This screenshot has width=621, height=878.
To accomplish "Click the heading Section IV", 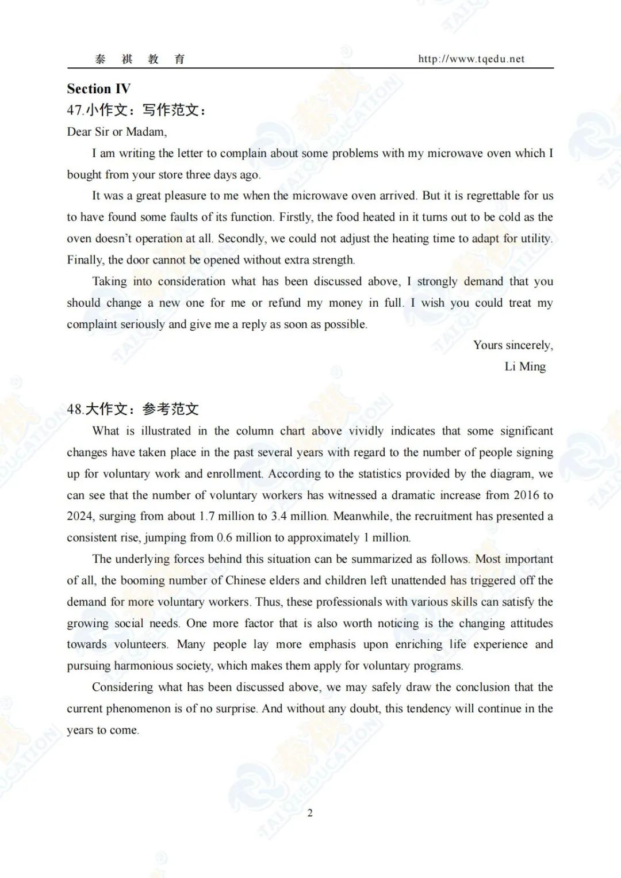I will click(98, 89).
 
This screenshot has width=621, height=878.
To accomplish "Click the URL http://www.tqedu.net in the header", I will click(471, 59).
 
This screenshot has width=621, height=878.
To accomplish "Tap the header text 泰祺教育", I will click(140, 59).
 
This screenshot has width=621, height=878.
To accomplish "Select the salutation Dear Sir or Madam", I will click(117, 132).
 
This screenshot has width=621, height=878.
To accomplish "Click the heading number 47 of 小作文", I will click(75, 110).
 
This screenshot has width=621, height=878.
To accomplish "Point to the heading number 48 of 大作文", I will click(75, 409).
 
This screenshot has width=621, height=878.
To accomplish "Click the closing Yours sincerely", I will click(513, 345).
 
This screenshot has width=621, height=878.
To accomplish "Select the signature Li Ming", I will click(525, 367).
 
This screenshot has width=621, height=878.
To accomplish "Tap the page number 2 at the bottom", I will click(310, 813).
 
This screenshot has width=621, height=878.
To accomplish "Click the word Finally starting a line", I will click(85, 260).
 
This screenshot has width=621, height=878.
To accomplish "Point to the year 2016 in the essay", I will click(526, 495).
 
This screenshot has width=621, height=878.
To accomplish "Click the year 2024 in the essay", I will click(80, 516).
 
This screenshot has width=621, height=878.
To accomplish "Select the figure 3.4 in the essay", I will click(279, 516).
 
